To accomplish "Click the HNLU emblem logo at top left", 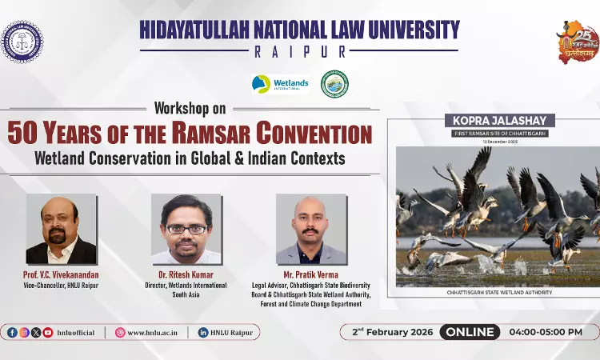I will [x=22, y=42].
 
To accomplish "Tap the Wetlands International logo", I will [x=279, y=84].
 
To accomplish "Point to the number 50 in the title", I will [x=24, y=133].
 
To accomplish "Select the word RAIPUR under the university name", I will [x=299, y=52].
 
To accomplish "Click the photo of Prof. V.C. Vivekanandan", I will [x=62, y=229].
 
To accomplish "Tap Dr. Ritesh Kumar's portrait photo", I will [x=186, y=229].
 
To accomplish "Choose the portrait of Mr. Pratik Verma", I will [x=311, y=229].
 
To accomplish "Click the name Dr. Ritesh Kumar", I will [x=186, y=275].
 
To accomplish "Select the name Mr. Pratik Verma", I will [x=311, y=275].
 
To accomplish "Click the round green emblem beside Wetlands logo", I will [x=334, y=84].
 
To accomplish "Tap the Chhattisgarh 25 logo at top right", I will [x=578, y=42].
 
